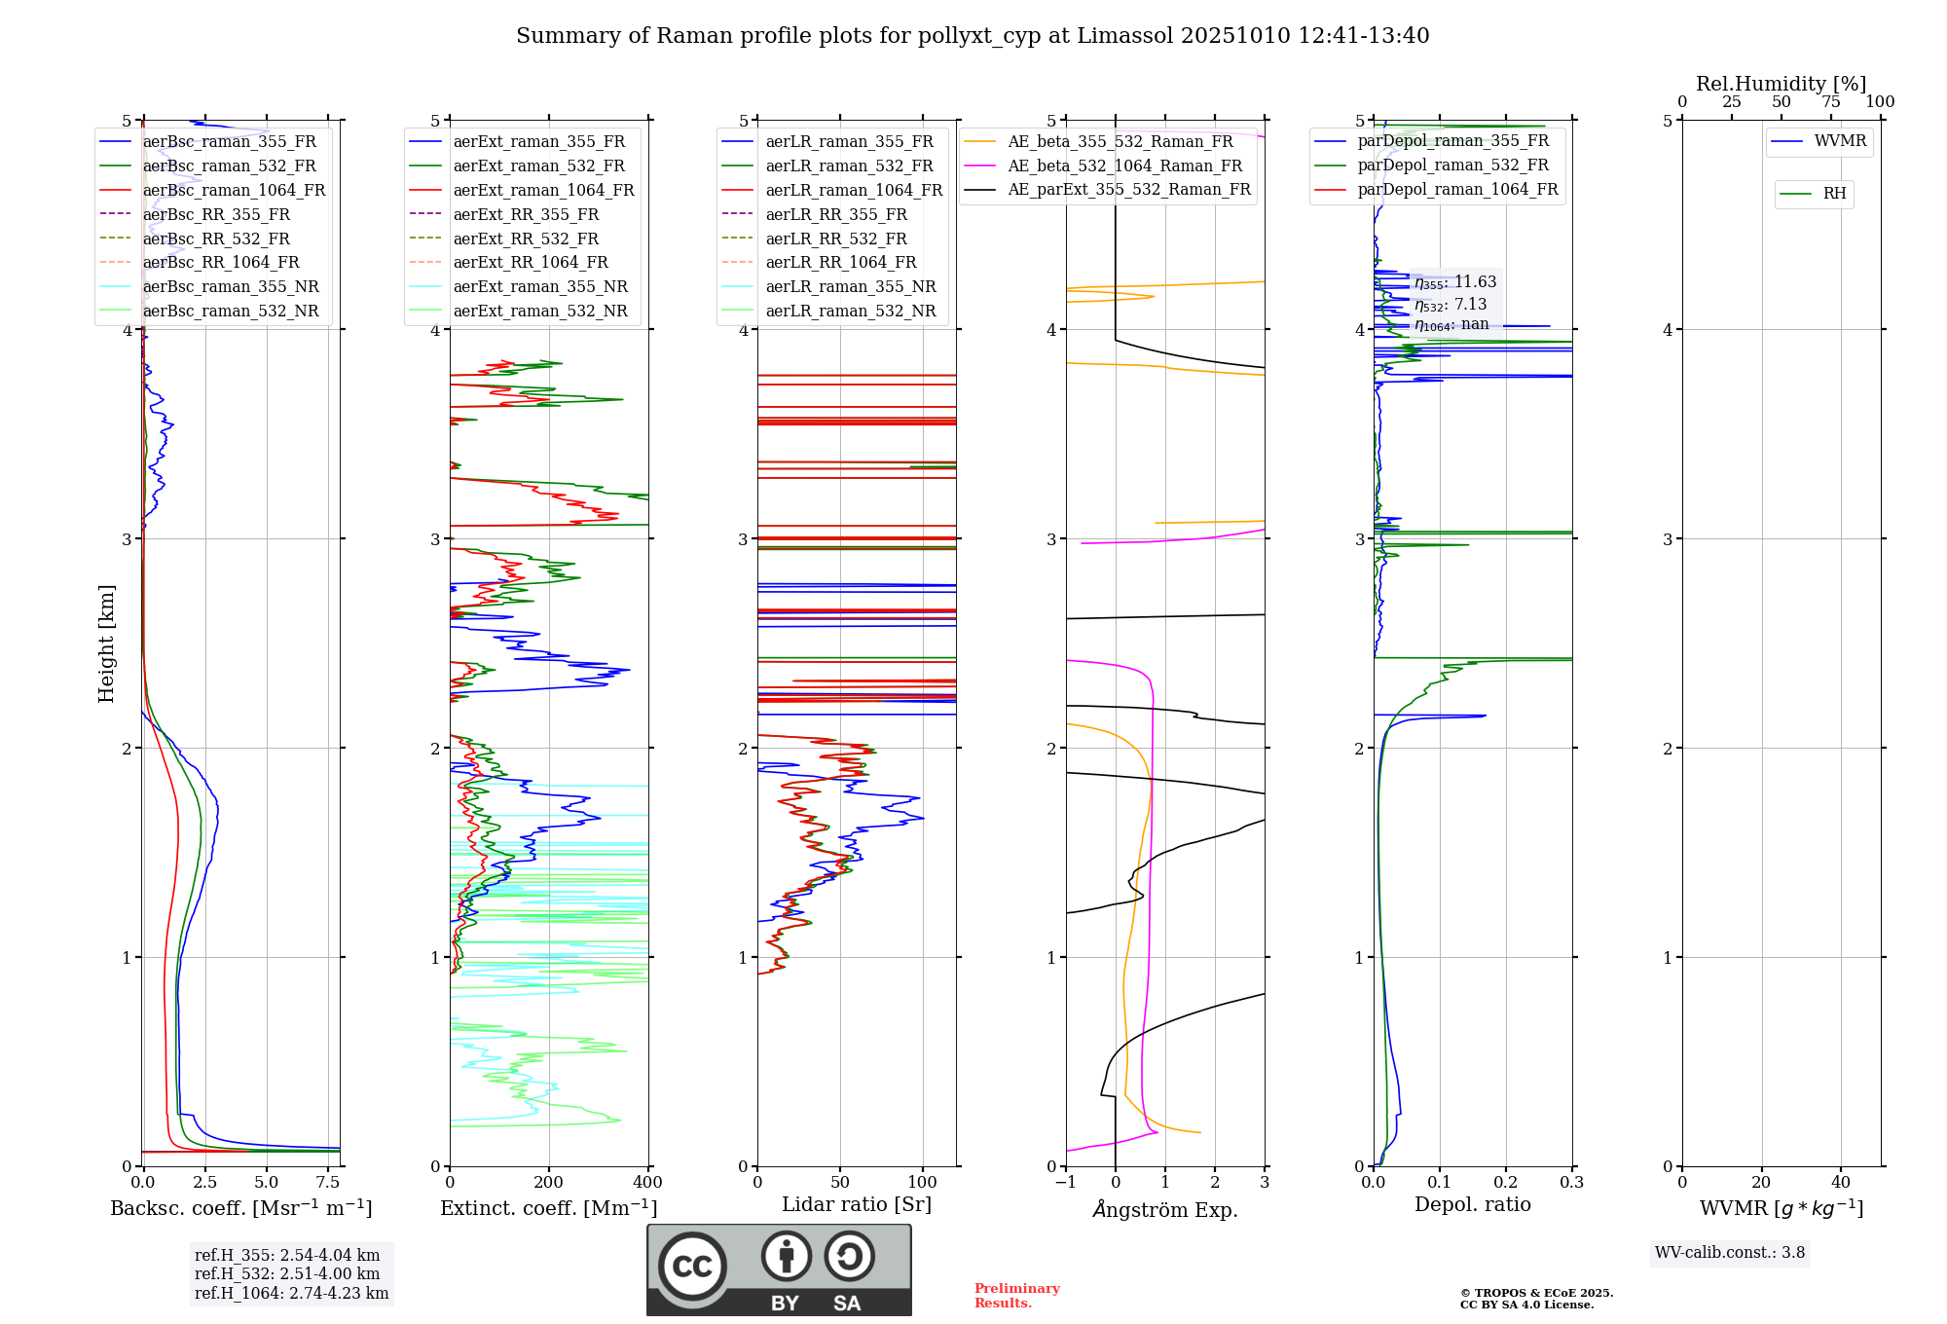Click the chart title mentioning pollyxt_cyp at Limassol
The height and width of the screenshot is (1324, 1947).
[973, 36]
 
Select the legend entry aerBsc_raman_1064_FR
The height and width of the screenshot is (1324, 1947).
[234, 190]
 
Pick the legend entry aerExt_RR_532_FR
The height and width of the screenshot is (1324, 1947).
[526, 239]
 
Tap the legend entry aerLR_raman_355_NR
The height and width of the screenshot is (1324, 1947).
[850, 286]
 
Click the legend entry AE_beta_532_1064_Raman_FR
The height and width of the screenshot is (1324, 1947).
[1124, 165]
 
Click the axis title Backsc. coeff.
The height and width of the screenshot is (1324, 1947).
[240, 1208]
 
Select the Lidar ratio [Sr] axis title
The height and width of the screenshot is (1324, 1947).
[856, 1204]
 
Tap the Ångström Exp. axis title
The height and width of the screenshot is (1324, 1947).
[1164, 1209]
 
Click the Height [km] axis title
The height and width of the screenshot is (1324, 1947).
[106, 643]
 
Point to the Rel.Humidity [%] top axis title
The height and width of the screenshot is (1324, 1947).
[1781, 84]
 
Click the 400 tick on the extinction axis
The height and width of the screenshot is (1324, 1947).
[647, 1183]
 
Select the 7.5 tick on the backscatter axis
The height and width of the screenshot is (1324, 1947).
[328, 1183]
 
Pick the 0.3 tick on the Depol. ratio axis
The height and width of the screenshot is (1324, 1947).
[1571, 1183]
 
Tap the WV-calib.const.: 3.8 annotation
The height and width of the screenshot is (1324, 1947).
[1729, 1253]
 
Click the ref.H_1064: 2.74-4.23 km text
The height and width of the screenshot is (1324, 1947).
[291, 1294]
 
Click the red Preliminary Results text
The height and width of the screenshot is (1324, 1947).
[1016, 1296]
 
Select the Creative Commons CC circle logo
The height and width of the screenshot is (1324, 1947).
[692, 1266]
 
